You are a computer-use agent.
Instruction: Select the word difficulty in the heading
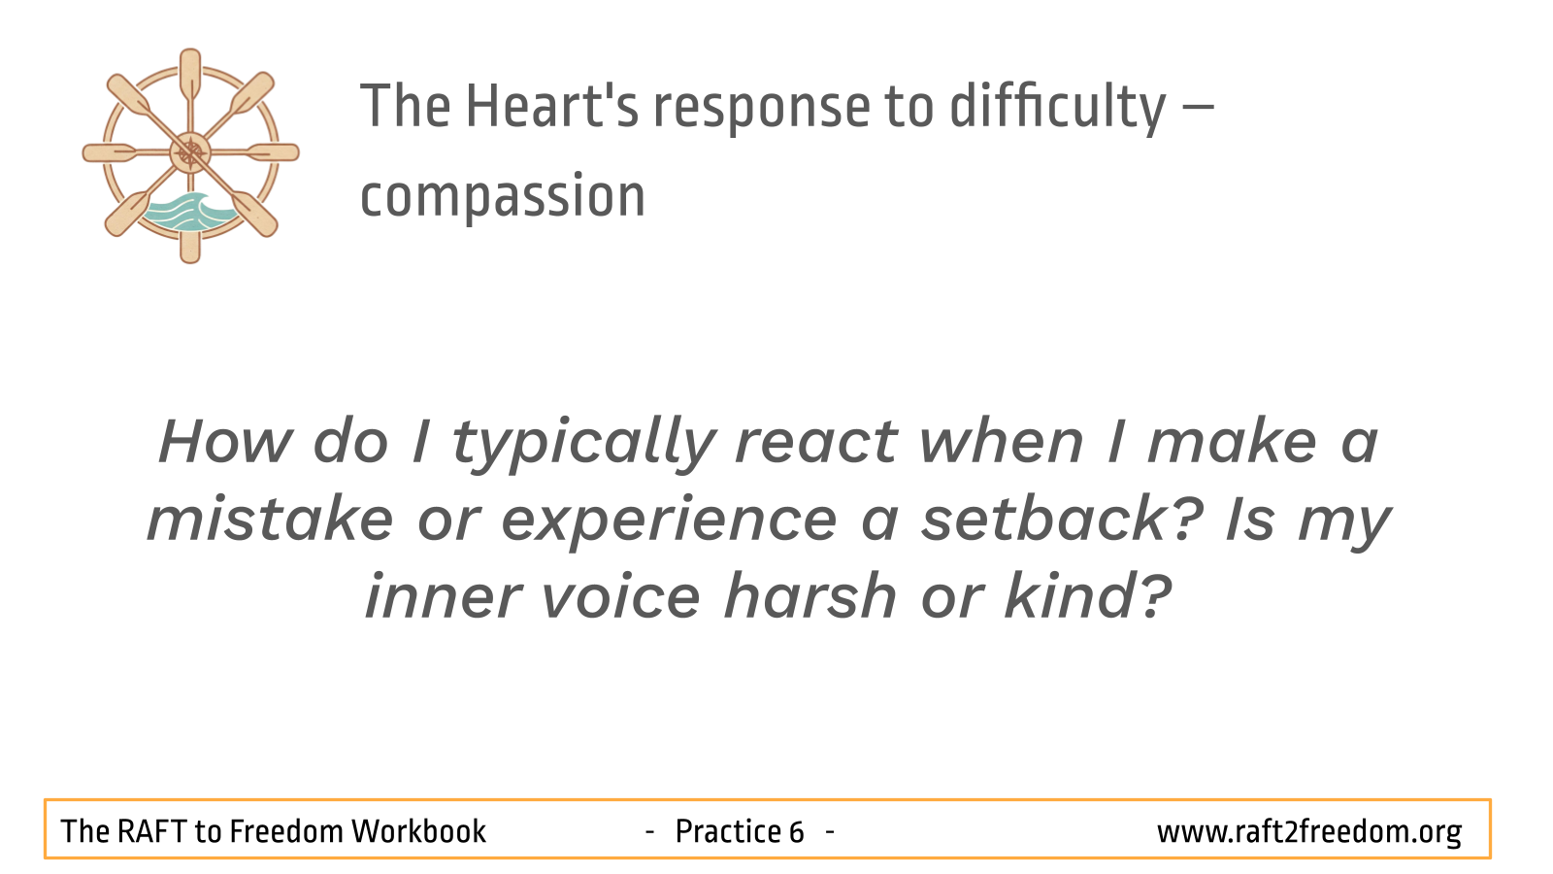tap(1057, 108)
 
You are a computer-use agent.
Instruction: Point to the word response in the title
tap(762, 111)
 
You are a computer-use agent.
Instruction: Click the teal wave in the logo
tap(188, 213)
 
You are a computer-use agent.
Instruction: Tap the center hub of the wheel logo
tap(190, 152)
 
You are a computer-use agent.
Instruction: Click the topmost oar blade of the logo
tap(190, 72)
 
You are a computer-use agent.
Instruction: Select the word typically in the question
tap(583, 446)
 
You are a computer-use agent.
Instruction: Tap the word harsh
tap(810, 596)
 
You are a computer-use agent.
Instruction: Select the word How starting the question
tap(224, 442)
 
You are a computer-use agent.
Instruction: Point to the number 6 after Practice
tap(796, 832)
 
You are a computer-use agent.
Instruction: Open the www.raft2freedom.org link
tap(1309, 832)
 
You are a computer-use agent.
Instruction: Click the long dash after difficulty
tap(1196, 107)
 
